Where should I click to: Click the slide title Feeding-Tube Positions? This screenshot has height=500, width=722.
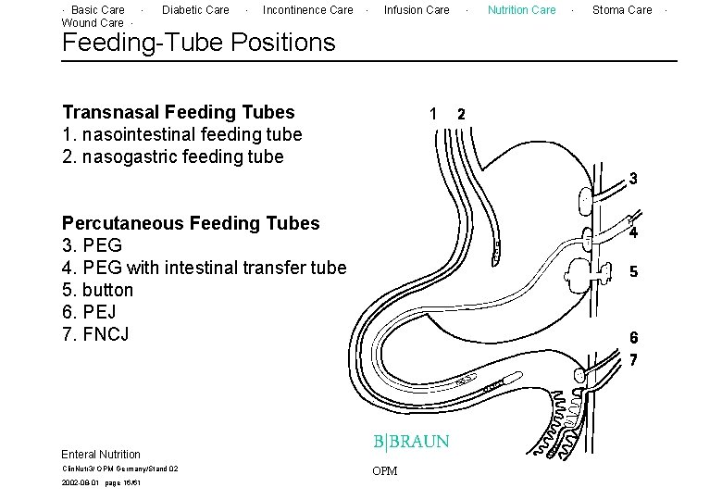click(x=198, y=43)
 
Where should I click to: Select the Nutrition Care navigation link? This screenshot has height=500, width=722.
click(x=521, y=10)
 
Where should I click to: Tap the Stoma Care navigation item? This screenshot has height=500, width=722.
click(x=622, y=10)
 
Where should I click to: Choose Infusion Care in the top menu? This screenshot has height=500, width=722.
click(x=417, y=10)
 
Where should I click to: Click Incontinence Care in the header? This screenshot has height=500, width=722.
click(x=307, y=10)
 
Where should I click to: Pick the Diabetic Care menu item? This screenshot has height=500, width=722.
click(x=195, y=10)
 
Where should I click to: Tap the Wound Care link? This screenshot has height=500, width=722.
click(x=92, y=23)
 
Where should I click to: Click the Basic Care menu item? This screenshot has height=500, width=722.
click(x=98, y=10)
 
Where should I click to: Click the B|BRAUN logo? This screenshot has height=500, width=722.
click(x=411, y=442)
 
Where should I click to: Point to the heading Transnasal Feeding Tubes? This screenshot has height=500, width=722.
click(x=178, y=112)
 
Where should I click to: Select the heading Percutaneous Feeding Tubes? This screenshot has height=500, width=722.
click(x=190, y=223)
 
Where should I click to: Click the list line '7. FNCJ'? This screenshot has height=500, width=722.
click(x=95, y=334)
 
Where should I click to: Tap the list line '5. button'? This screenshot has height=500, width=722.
click(x=97, y=290)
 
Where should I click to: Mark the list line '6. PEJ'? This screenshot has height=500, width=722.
click(x=89, y=312)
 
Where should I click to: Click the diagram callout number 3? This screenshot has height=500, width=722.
click(x=633, y=178)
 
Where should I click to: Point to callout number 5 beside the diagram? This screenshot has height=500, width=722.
click(x=633, y=272)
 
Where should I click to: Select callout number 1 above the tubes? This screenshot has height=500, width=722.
click(x=433, y=114)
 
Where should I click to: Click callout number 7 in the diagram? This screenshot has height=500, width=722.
click(x=633, y=359)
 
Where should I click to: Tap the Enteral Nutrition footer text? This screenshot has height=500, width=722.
click(x=101, y=455)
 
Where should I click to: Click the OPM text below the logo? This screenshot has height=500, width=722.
click(x=384, y=471)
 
